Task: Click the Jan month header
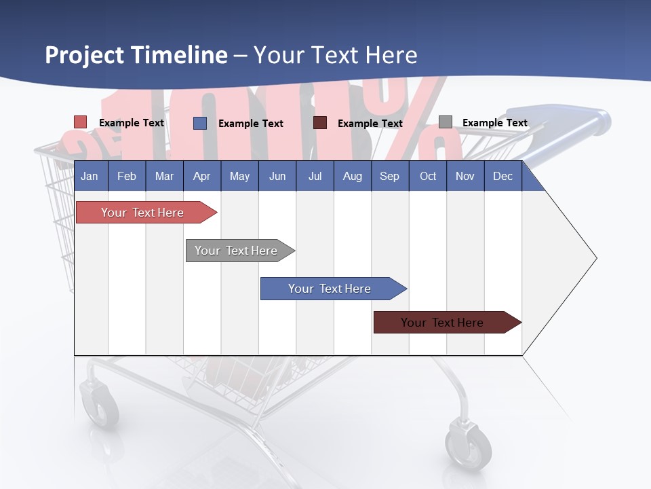pos(90,176)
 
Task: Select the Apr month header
pos(201,176)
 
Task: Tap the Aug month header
pos(352,176)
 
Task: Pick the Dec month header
pos(502,176)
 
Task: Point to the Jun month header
pos(277,176)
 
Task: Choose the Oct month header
pos(427,176)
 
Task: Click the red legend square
pos(80,122)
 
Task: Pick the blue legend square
pos(200,123)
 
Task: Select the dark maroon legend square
pos(320,123)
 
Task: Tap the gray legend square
pos(446,122)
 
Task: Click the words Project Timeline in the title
pos(136,55)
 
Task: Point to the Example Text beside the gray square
pos(494,123)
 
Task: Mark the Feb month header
pos(127,176)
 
